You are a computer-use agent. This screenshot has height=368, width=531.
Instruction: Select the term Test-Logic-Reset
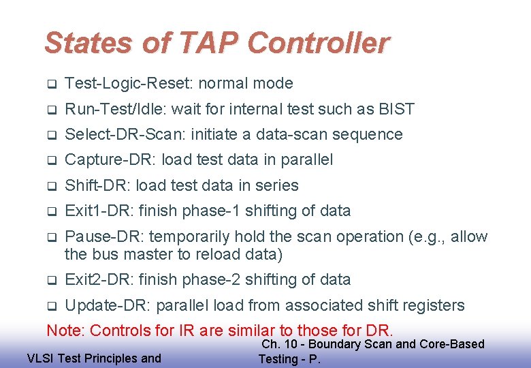[129, 84]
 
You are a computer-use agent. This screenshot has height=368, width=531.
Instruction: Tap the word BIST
[396, 109]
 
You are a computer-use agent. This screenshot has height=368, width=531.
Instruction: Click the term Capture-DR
[101, 160]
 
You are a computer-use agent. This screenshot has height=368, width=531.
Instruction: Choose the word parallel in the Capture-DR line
[306, 160]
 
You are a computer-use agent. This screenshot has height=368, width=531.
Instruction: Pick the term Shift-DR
[93, 185]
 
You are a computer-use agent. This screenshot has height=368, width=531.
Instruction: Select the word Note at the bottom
[63, 331]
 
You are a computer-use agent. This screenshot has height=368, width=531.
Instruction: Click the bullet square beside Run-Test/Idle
[51, 110]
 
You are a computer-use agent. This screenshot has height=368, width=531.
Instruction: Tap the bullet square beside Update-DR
[51, 306]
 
